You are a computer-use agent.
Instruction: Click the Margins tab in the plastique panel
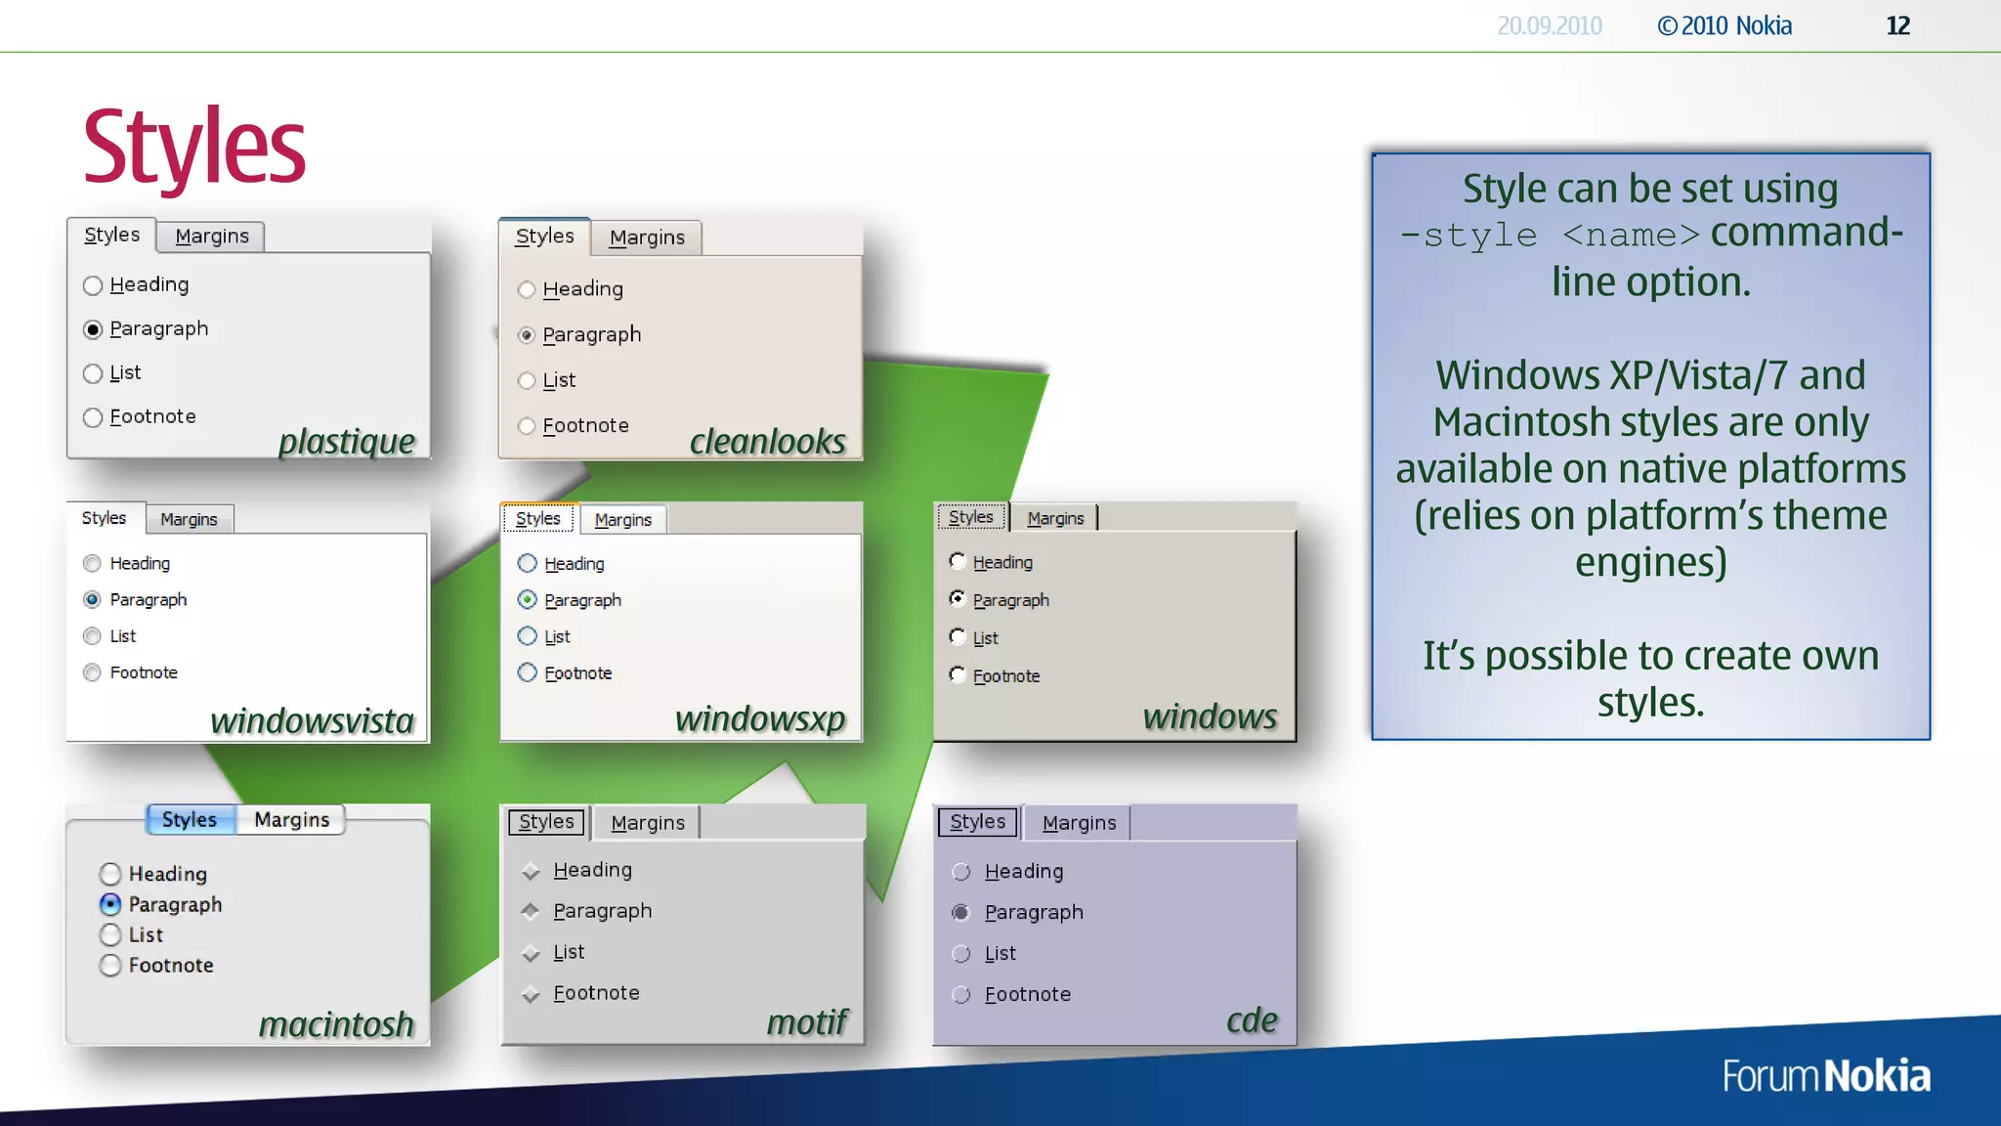pyautogui.click(x=211, y=237)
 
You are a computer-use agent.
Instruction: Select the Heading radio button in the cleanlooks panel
pyautogui.click(x=527, y=289)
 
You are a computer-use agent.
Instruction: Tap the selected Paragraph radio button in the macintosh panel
pyautogui.click(x=110, y=904)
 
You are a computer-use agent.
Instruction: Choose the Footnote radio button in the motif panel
pyautogui.click(x=531, y=994)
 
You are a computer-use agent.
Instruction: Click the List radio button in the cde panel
pyautogui.click(x=961, y=954)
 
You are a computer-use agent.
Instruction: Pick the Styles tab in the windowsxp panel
pyautogui.click(x=538, y=519)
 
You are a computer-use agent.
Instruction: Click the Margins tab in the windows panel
pyautogui.click(x=1055, y=518)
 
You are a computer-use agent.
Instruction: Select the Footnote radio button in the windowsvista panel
pyautogui.click(x=92, y=672)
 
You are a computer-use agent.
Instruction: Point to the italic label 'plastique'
pyautogui.click(x=347, y=442)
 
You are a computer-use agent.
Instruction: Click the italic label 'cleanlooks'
pyautogui.click(x=768, y=442)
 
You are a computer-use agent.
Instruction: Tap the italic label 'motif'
pyautogui.click(x=807, y=1022)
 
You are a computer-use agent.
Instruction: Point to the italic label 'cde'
pyautogui.click(x=1252, y=1020)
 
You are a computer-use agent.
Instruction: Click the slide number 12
pyautogui.click(x=1897, y=25)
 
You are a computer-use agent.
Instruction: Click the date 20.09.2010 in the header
pyautogui.click(x=1550, y=25)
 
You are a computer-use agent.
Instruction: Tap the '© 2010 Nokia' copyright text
pyautogui.click(x=1724, y=25)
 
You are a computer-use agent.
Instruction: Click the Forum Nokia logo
pyautogui.click(x=1826, y=1076)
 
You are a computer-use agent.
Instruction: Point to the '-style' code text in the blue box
pyautogui.click(x=1469, y=236)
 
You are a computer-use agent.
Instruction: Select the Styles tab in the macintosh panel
pyautogui.click(x=190, y=819)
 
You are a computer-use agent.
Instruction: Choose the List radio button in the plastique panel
pyautogui.click(x=93, y=373)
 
